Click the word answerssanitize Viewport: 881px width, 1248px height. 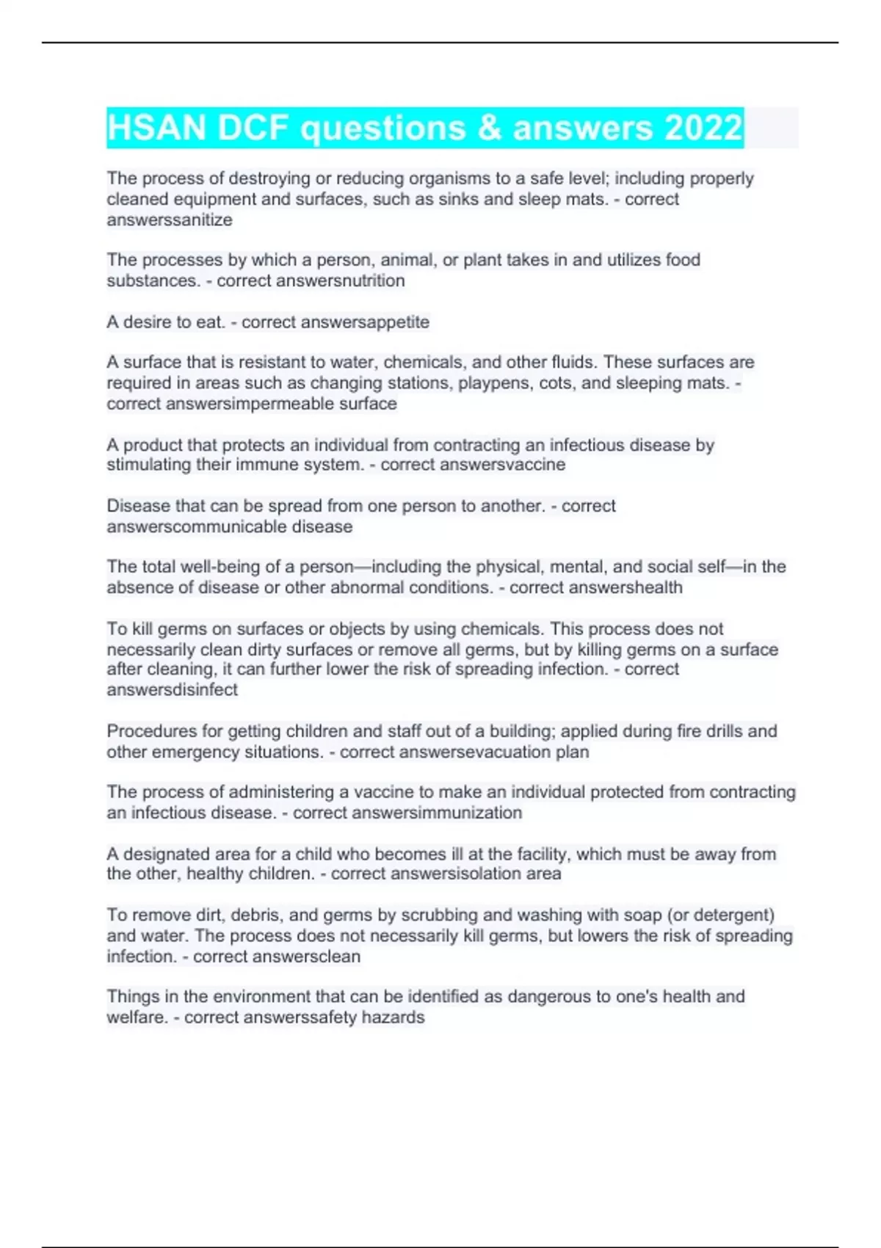point(170,220)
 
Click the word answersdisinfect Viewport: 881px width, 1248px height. point(173,690)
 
